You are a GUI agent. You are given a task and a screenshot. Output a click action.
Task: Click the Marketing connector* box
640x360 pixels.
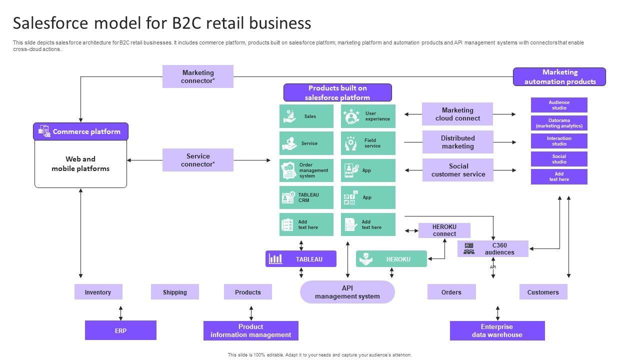(197, 76)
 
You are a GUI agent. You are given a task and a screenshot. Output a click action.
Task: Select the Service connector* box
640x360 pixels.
(197, 160)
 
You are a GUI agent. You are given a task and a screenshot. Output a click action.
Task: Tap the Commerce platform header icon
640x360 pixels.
(44, 131)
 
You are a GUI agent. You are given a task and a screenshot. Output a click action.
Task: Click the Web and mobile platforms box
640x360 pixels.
(80, 164)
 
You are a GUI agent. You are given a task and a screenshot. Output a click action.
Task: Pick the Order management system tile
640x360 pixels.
(306, 170)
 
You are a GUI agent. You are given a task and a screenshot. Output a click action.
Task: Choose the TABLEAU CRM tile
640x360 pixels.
(306, 197)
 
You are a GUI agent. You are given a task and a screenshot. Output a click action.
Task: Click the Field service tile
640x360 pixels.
(368, 143)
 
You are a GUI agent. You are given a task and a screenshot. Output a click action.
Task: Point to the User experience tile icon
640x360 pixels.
(351, 116)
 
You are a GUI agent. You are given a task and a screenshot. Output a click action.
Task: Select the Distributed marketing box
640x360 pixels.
(457, 142)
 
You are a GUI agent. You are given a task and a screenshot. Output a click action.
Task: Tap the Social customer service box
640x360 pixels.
(458, 170)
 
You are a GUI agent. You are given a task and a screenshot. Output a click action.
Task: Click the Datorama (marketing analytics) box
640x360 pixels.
(559, 123)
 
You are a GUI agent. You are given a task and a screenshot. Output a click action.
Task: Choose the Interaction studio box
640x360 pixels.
(559, 141)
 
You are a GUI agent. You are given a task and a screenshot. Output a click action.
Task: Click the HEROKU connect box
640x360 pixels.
(444, 230)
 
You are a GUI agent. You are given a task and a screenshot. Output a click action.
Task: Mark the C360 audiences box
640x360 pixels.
(492, 248)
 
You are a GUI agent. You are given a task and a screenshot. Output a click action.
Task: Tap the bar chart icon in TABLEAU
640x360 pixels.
(275, 259)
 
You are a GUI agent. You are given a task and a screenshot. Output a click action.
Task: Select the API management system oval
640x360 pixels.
(347, 292)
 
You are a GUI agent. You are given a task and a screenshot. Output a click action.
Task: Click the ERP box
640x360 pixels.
(120, 330)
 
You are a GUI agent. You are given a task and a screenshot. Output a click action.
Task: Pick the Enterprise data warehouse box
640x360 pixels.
(497, 330)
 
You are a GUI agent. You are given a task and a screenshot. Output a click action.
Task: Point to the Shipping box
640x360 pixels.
(174, 292)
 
